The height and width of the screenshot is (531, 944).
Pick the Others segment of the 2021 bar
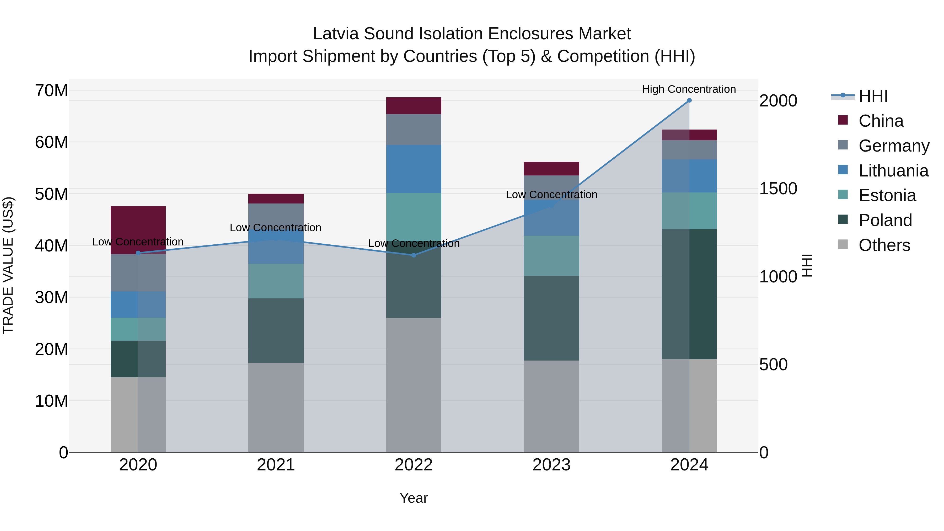(276, 407)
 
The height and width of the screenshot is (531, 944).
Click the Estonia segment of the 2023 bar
(551, 255)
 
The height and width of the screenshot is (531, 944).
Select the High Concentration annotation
(689, 89)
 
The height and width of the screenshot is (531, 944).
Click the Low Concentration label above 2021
(275, 228)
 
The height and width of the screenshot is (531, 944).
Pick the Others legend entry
(884, 245)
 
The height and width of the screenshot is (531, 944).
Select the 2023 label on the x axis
(551, 465)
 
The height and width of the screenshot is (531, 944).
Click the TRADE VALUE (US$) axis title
(8, 265)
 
